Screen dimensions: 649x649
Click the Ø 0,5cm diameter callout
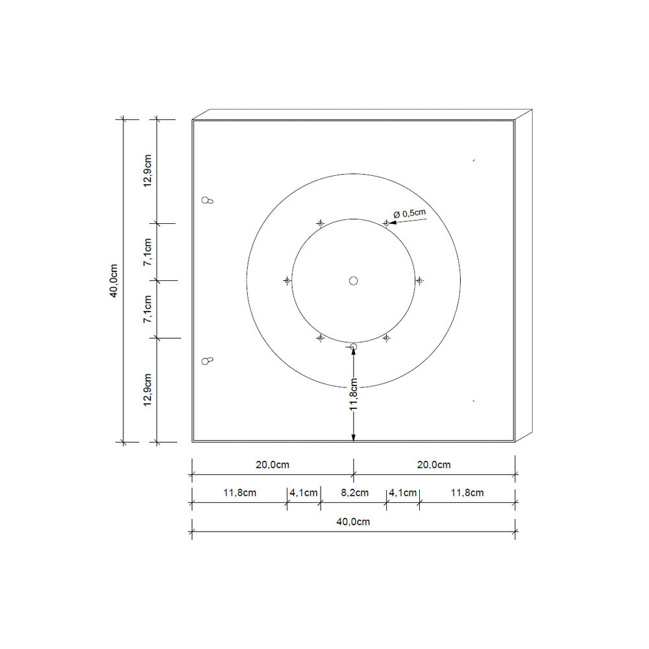pos(410,214)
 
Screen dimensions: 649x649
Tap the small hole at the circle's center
pos(353,280)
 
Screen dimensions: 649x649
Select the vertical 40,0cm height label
pos(114,280)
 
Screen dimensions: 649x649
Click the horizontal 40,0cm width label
pos(353,522)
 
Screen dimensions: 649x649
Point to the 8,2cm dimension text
pos(355,493)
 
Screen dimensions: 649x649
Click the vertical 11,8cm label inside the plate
pos(353,395)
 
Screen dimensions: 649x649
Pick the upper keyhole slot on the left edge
pos(208,201)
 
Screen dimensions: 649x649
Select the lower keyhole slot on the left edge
pos(208,360)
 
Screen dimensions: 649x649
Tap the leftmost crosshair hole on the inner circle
pos(287,280)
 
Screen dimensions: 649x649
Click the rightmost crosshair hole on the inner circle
pos(419,280)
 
